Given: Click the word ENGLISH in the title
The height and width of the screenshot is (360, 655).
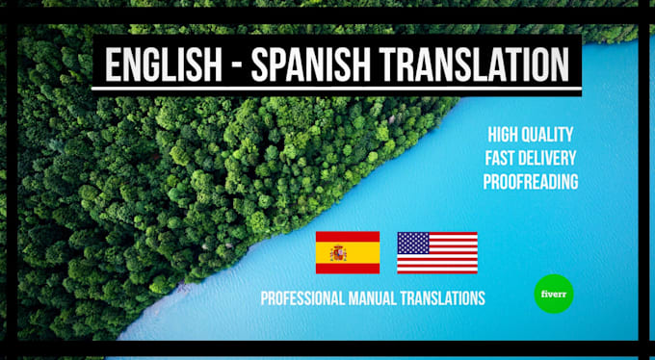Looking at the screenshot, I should tap(160, 64).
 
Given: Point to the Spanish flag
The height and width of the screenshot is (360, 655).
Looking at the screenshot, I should tap(347, 252).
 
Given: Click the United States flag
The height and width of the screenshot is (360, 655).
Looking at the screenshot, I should tap(437, 252).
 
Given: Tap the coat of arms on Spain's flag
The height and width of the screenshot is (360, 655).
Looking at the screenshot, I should tap(338, 253).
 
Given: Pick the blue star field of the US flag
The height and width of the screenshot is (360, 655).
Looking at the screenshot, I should tap(413, 243).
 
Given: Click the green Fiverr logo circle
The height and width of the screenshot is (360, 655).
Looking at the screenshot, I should tap(554, 293).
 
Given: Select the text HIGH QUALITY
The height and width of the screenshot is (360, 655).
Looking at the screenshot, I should tap(532, 135).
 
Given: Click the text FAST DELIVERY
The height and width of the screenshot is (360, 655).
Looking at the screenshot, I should tap(532, 158).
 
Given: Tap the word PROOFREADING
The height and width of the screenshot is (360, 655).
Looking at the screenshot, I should tap(532, 181).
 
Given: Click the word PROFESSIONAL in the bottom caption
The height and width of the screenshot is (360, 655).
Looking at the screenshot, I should tap(311, 298).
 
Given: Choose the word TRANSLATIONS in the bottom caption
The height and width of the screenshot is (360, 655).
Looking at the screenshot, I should tap(450, 298).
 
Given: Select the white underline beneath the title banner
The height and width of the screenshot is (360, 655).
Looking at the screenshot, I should tap(336, 92).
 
